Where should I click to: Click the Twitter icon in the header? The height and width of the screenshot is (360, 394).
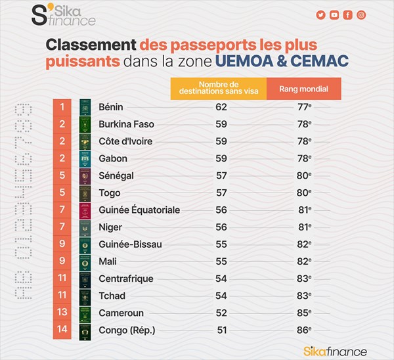(x=321, y=15)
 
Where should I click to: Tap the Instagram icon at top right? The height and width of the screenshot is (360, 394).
(x=361, y=15)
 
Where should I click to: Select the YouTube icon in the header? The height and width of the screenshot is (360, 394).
(x=334, y=15)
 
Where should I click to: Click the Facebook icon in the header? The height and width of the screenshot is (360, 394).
(x=348, y=15)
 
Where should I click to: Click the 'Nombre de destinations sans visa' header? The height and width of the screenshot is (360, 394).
(x=218, y=89)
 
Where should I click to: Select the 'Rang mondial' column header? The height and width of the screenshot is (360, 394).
(x=303, y=89)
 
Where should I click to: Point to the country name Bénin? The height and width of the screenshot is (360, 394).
(x=111, y=107)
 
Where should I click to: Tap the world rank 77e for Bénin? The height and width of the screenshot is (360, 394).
(x=303, y=107)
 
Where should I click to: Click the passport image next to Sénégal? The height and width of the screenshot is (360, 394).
(x=84, y=176)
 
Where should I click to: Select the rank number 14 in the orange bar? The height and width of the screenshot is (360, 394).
(x=61, y=330)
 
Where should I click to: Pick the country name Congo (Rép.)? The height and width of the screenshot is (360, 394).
(x=127, y=330)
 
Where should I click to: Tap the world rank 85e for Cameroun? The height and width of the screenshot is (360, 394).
(x=303, y=313)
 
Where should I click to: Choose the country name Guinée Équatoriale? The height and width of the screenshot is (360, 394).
(x=139, y=210)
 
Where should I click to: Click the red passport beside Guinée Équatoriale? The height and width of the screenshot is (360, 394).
(x=84, y=210)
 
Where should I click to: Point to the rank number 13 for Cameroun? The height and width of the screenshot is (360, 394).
(x=61, y=313)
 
